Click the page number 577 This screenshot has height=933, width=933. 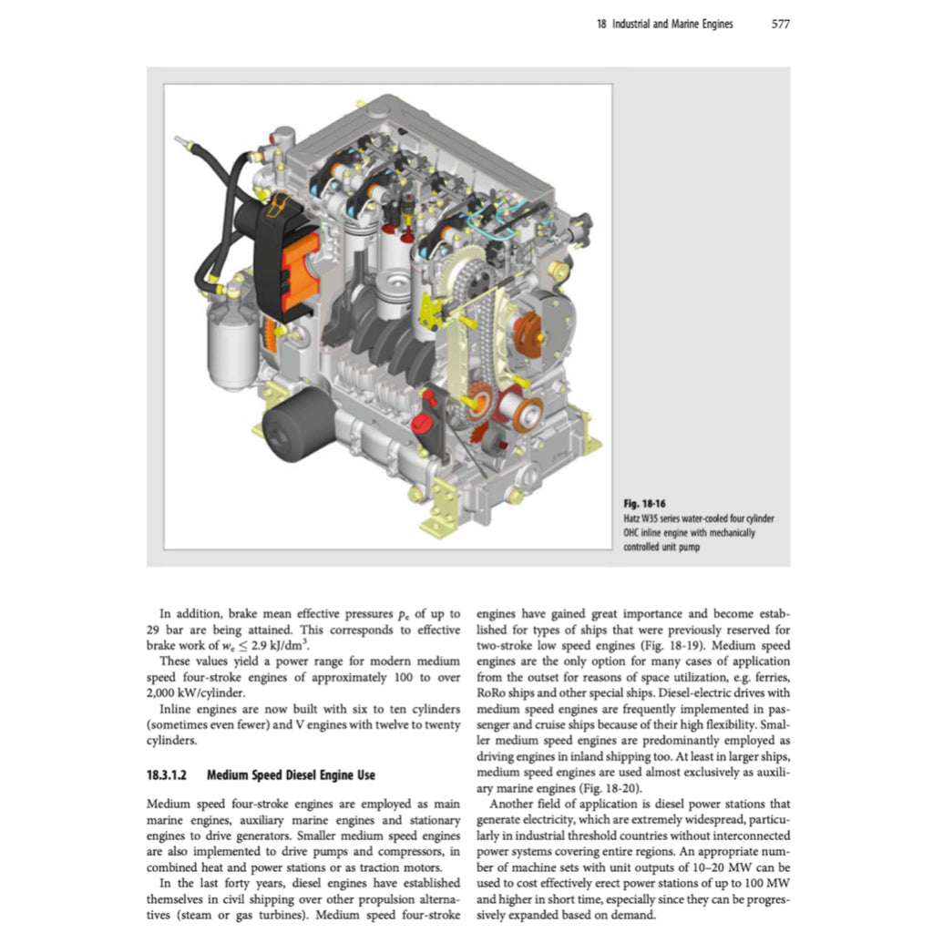[780, 25]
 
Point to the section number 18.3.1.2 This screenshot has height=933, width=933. [170, 775]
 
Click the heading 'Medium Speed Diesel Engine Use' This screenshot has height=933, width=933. [291, 775]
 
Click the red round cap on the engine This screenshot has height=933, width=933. [420, 423]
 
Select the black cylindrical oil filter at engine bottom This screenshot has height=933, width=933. [295, 424]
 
